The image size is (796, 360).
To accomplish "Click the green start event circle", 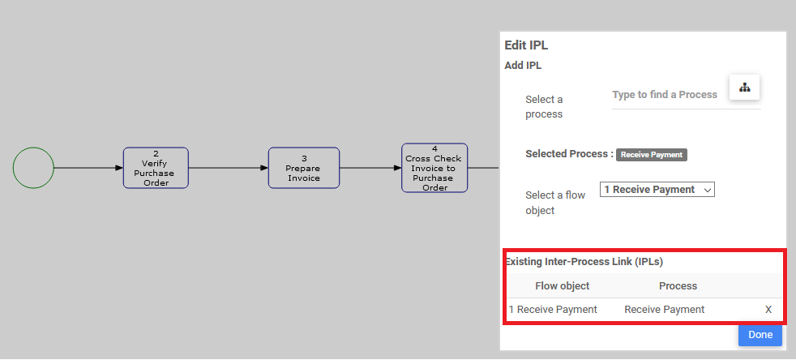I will pyautogui.click(x=33, y=168).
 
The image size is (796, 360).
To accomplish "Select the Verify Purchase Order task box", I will pyautogui.click(x=156, y=168).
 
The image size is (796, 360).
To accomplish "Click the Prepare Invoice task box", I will pyautogui.click(x=304, y=168).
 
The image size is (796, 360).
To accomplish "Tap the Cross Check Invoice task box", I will pyautogui.click(x=434, y=168).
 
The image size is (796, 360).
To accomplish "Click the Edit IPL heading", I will pyautogui.click(x=527, y=46).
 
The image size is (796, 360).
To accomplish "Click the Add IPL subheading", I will pyautogui.click(x=523, y=66).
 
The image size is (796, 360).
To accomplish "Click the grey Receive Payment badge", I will pyautogui.click(x=652, y=154).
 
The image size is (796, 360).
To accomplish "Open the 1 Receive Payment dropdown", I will pyautogui.click(x=657, y=190).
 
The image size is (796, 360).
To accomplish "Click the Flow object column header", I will pyautogui.click(x=563, y=286).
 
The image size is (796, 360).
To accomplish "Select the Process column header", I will pyautogui.click(x=678, y=286).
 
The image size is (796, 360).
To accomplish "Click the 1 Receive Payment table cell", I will pyautogui.click(x=554, y=310).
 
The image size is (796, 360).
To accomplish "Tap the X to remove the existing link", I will pyautogui.click(x=768, y=310).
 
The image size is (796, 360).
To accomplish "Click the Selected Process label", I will pyautogui.click(x=568, y=154).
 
